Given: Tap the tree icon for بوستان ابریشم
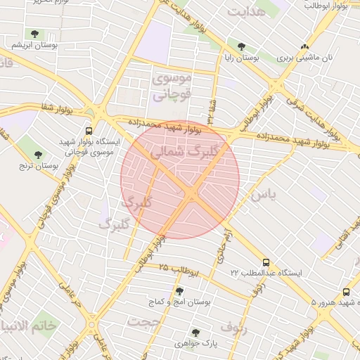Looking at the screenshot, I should click(34, 33).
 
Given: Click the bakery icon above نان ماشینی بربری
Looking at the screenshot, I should click(304, 47).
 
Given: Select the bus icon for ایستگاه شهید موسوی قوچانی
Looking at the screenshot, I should click(89, 131).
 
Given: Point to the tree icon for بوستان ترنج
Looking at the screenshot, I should click(38, 155).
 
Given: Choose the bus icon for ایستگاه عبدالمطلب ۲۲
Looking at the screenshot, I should click(266, 261).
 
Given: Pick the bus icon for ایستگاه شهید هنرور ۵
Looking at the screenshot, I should click(346, 292).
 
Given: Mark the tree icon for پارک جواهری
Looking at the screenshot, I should click(195, 333).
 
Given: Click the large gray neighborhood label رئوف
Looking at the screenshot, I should click(235, 327).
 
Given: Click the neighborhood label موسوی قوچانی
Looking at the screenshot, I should click(171, 89).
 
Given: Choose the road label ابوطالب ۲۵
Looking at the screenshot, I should click(179, 269).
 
